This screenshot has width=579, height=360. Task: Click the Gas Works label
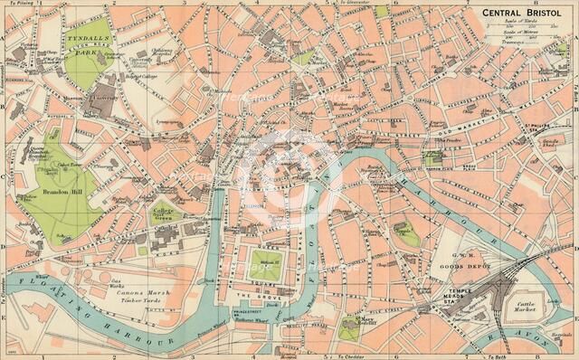click(x=116, y=282)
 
